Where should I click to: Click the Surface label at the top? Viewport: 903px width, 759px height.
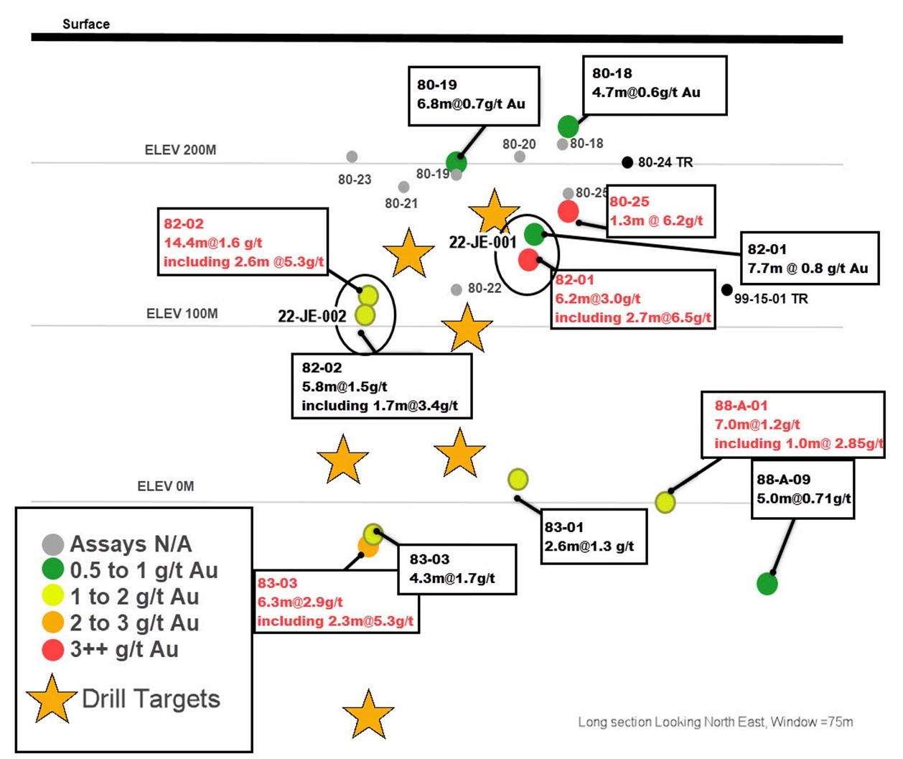(x=86, y=24)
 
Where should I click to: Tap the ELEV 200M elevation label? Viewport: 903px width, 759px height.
(x=180, y=150)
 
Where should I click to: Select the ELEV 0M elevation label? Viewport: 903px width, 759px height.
(x=166, y=486)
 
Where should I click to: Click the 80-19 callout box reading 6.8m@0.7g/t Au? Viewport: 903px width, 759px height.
(x=474, y=96)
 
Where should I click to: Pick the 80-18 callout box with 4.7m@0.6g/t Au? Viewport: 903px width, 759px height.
(x=654, y=85)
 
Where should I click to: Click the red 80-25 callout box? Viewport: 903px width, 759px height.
(x=660, y=212)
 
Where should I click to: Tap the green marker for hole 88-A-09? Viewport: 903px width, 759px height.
(x=767, y=584)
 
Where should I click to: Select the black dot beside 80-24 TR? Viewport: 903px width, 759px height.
(x=627, y=162)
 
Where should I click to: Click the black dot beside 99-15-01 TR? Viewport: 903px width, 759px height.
(x=727, y=290)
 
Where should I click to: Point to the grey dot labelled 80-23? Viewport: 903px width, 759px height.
(x=352, y=157)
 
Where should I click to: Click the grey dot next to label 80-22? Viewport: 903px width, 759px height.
(x=457, y=289)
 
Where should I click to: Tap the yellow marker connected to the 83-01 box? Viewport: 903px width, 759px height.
(x=518, y=479)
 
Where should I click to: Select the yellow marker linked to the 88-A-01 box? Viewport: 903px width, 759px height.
(x=665, y=502)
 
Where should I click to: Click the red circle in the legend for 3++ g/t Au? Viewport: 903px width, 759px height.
(x=53, y=650)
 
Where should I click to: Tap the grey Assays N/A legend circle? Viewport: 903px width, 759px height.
(x=53, y=544)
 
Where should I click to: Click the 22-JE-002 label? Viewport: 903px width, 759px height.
(x=312, y=316)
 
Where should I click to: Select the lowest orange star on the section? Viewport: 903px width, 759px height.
(x=368, y=714)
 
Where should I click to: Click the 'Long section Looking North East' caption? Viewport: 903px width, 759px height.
(x=715, y=722)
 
